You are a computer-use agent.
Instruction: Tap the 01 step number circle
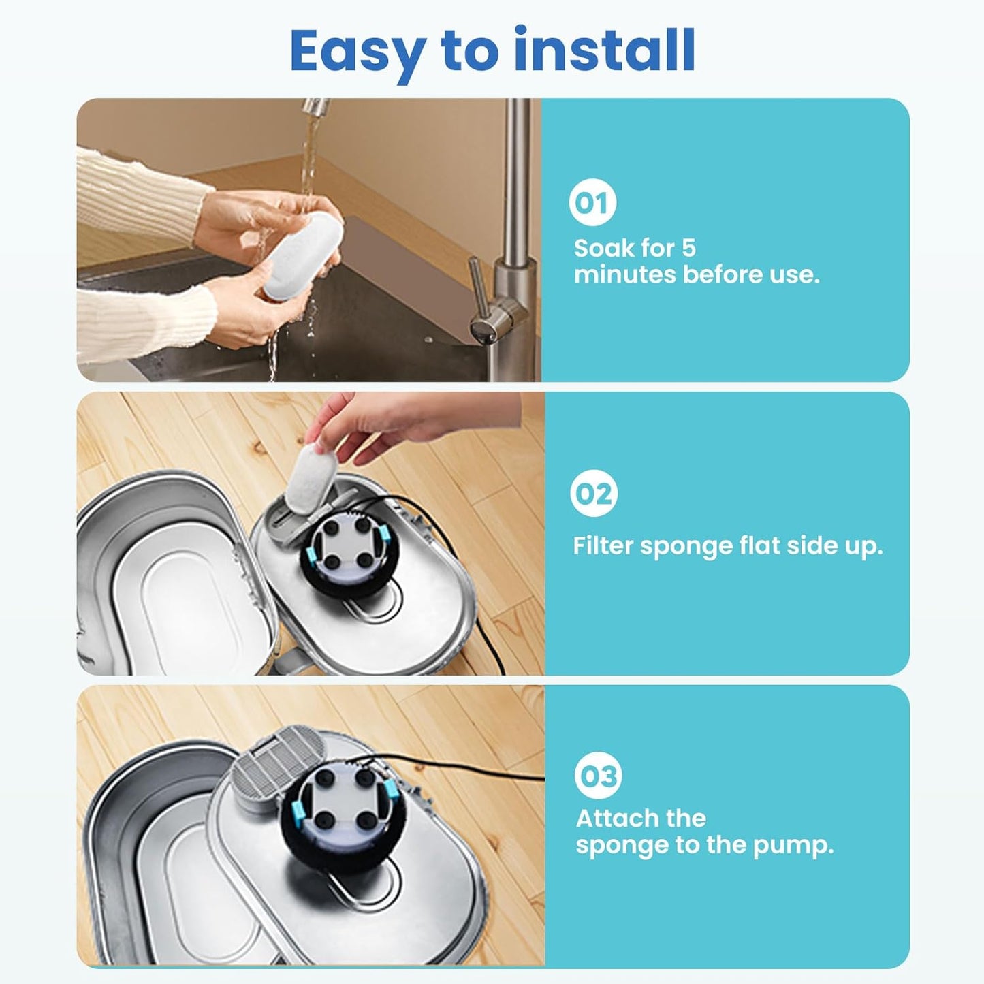(x=592, y=202)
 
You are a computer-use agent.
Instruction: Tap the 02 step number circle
(x=593, y=494)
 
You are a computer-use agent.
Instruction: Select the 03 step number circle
(x=597, y=776)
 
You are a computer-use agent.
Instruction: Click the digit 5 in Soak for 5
(x=688, y=248)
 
